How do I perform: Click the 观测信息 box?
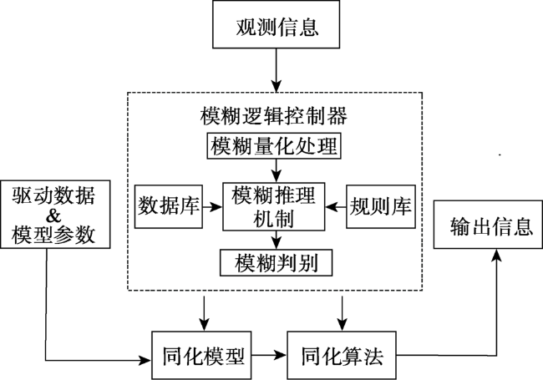click(276, 24)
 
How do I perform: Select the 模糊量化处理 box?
click(274, 145)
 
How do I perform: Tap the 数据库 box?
click(168, 206)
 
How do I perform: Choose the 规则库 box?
click(381, 206)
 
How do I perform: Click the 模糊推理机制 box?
click(273, 206)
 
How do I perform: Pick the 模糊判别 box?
click(276, 263)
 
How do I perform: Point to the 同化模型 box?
click(201, 356)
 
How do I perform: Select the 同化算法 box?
click(342, 356)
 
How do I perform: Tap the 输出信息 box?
click(489, 225)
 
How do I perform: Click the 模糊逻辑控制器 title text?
click(273, 115)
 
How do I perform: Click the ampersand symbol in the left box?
click(53, 215)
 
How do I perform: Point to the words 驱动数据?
click(53, 195)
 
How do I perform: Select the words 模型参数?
click(53, 235)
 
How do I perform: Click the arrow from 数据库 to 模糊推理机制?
click(212, 207)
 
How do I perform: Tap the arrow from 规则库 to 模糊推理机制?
click(336, 207)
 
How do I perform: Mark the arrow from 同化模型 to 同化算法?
click(269, 355)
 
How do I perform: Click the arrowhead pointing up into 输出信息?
click(497, 255)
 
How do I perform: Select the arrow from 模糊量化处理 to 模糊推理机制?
click(276, 170)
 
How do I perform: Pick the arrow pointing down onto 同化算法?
click(343, 313)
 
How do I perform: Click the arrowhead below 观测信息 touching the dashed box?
click(276, 86)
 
